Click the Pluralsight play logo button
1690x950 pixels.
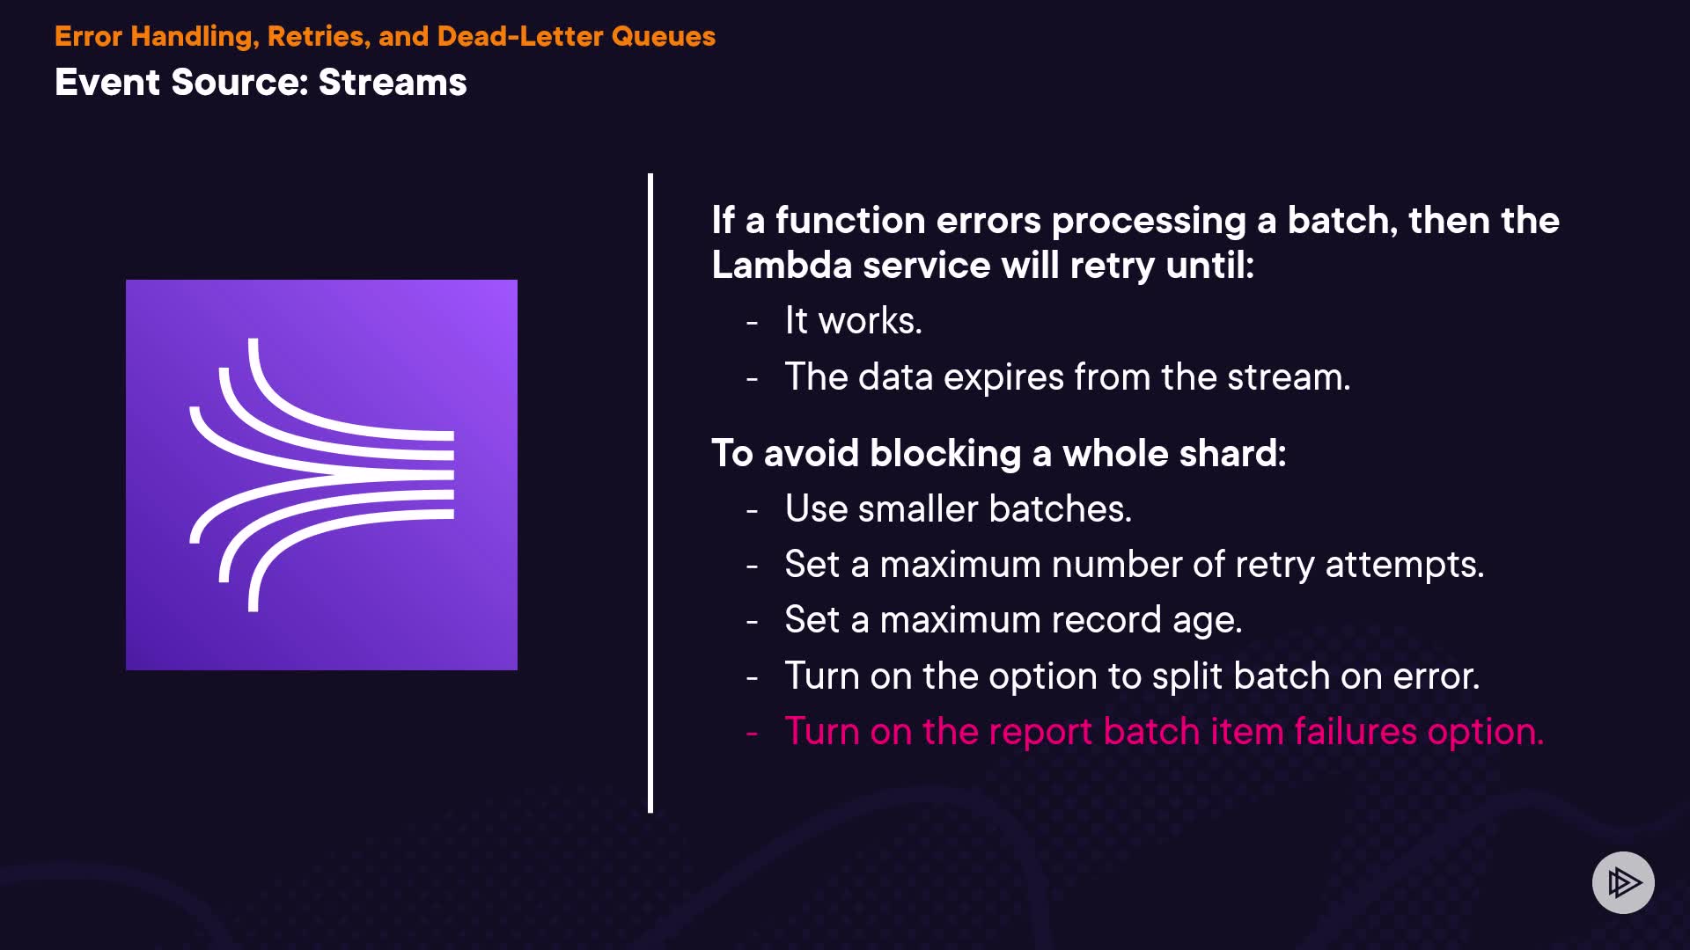pos(1623,882)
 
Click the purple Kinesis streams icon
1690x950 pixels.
pos(321,475)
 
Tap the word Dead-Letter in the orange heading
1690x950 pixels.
pos(520,36)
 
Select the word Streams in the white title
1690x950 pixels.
pos(393,82)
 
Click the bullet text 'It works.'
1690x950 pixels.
pos(853,320)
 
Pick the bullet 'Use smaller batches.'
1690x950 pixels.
pos(958,508)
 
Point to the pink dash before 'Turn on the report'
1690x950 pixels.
pos(752,732)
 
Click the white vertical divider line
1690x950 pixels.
pos(650,493)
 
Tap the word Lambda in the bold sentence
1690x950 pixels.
pos(781,265)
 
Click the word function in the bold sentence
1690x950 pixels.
pos(850,220)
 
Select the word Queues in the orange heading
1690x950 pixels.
pos(664,36)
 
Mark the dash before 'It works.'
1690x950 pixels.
pos(752,323)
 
